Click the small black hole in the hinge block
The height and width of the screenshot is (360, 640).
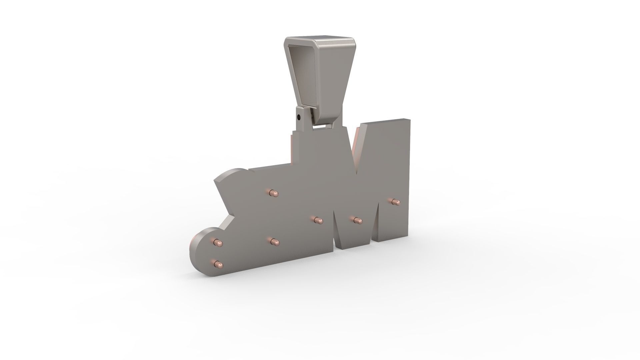click(299, 117)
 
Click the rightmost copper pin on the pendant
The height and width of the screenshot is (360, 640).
click(395, 201)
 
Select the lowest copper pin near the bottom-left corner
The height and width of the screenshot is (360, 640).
click(219, 265)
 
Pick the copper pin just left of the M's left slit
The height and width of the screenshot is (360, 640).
click(319, 220)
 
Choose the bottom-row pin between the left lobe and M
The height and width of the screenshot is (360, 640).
click(274, 241)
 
